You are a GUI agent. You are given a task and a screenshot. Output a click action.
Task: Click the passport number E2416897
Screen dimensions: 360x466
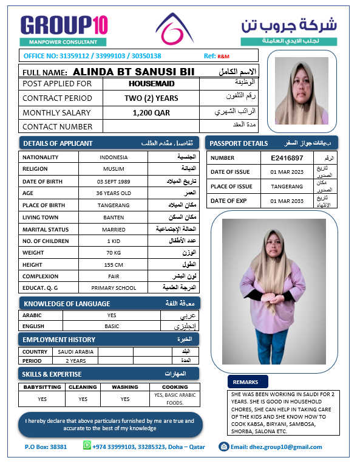(287, 158)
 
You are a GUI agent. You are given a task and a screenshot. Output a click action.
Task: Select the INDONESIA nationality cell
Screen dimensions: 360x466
(114, 157)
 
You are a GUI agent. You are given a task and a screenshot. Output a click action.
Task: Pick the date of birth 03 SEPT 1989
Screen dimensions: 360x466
(114, 182)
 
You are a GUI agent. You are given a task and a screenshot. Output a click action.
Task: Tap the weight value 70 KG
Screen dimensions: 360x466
(114, 252)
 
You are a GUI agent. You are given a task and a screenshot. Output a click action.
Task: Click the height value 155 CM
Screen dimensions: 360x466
(114, 264)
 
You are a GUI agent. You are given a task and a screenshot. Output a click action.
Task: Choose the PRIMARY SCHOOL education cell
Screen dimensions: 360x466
(114, 288)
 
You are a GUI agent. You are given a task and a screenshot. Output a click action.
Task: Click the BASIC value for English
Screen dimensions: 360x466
(112, 326)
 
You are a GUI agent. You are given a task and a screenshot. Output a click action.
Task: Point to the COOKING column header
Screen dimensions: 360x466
(175, 386)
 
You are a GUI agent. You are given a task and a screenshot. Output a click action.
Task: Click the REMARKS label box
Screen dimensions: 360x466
(248, 382)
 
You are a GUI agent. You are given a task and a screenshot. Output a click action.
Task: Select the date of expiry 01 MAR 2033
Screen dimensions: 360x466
(287, 200)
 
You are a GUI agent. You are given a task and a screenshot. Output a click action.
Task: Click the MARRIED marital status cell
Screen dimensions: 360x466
(114, 230)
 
